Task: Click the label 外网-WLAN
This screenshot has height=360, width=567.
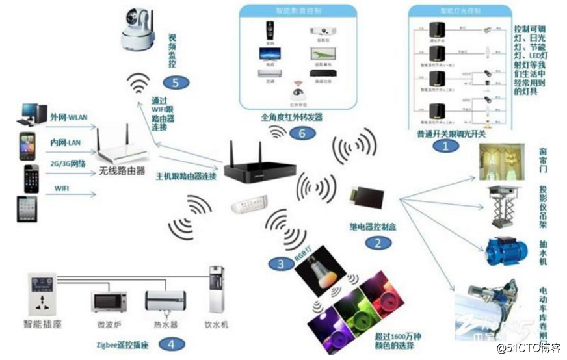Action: pos(69,117)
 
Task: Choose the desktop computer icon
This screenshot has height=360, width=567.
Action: pos(33,114)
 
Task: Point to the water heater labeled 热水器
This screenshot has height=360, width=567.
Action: pos(165,302)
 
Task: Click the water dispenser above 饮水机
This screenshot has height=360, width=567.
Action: pos(215,290)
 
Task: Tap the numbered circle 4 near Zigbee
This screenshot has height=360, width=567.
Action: pos(170,344)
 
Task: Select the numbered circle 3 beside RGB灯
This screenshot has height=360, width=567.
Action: pos(280,263)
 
